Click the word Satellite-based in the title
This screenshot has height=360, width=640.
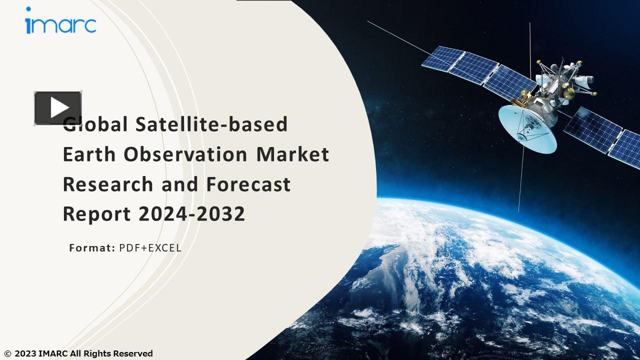click(x=211, y=124)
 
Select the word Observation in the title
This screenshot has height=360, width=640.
click(x=185, y=154)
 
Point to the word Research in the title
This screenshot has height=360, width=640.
click(x=108, y=184)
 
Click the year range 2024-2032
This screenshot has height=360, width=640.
click(x=192, y=214)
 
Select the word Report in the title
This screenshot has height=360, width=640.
click(x=97, y=214)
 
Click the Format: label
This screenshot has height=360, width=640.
click(x=92, y=247)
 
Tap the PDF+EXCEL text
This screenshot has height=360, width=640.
click(x=150, y=247)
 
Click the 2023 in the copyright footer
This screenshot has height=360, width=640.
click(x=25, y=353)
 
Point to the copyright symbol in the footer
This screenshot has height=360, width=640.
click(x=7, y=354)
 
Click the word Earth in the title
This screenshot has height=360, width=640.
click(x=90, y=154)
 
